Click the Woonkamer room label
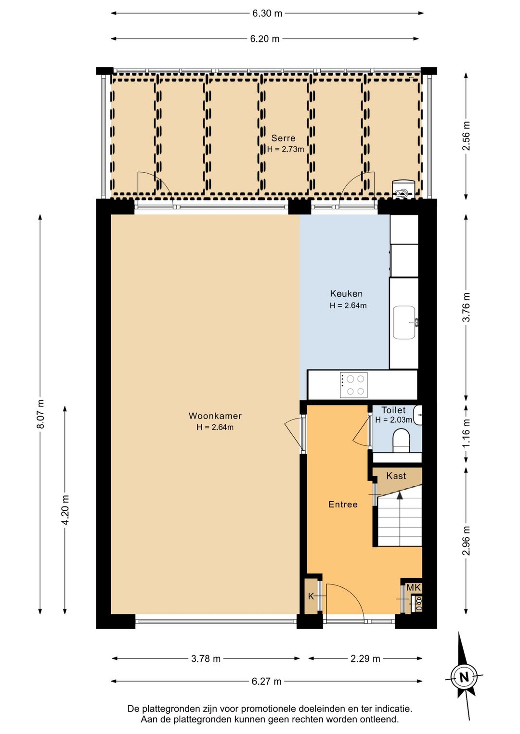pyautogui.click(x=215, y=416)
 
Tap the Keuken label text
pyautogui.click(x=347, y=293)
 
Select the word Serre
pyautogui.click(x=283, y=138)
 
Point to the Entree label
pyautogui.click(x=343, y=504)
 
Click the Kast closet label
pyautogui.click(x=396, y=475)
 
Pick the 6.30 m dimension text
pyautogui.click(x=267, y=13)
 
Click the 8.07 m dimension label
pyautogui.click(x=40, y=414)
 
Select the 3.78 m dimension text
pyautogui.click(x=206, y=658)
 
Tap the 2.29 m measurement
pyautogui.click(x=365, y=658)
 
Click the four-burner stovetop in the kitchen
pyautogui.click(x=354, y=385)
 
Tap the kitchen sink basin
pyautogui.click(x=404, y=322)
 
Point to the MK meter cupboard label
pyautogui.click(x=414, y=588)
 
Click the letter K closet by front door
pyautogui.click(x=311, y=596)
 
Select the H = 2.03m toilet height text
pyautogui.click(x=394, y=420)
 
